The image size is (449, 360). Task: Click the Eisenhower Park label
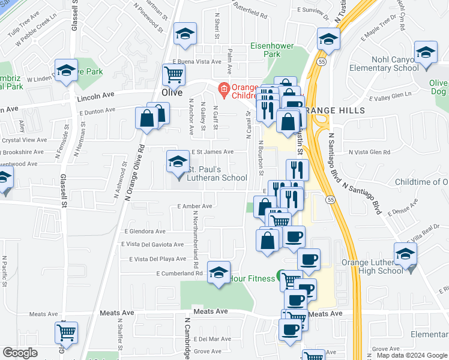click(265, 50)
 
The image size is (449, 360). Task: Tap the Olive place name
click(172, 92)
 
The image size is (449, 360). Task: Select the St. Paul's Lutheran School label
click(217, 172)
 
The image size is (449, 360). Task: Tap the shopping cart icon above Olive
click(173, 74)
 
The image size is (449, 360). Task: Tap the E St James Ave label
click(212, 152)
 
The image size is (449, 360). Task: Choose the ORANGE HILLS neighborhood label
click(327, 110)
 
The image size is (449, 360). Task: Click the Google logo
click(20, 353)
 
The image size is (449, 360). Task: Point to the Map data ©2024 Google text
click(412, 355)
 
